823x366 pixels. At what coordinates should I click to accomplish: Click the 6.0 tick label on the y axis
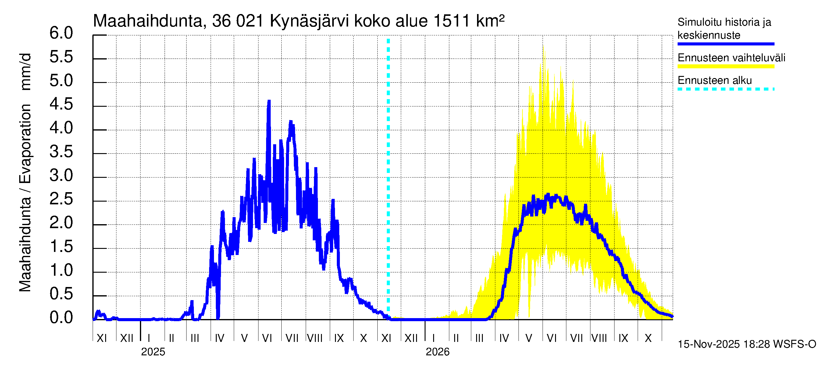(x=61, y=33)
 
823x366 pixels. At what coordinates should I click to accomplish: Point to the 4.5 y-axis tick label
(x=61, y=104)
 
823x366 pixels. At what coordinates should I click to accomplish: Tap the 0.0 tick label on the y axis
(x=61, y=318)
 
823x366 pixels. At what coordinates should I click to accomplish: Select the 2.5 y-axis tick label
(x=61, y=199)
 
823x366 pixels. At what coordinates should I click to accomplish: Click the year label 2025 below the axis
(x=153, y=352)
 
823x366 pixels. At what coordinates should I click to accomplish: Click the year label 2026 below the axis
(x=437, y=352)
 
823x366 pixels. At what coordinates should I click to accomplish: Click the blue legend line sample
(x=725, y=44)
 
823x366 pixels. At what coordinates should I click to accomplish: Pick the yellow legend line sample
(x=725, y=66)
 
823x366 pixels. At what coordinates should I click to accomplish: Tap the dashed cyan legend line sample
(x=725, y=89)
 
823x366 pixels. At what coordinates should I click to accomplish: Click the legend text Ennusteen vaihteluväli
(x=731, y=58)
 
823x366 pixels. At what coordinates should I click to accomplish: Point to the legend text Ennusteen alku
(x=715, y=81)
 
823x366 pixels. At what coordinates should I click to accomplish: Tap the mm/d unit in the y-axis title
(x=26, y=72)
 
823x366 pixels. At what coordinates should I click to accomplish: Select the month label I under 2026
(x=433, y=338)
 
